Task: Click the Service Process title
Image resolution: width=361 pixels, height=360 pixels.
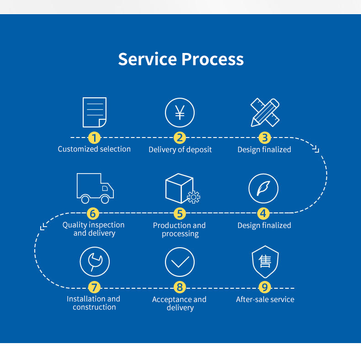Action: [x=181, y=59]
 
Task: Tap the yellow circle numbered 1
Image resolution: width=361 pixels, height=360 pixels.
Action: [x=94, y=138]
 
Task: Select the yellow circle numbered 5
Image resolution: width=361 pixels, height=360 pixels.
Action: [x=180, y=213]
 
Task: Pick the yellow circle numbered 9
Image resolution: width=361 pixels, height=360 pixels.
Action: [x=265, y=287]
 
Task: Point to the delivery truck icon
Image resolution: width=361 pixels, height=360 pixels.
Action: [x=95, y=188]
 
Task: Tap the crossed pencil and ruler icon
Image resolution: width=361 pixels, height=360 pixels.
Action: [x=265, y=112]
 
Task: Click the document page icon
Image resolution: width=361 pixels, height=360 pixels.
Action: [x=95, y=112]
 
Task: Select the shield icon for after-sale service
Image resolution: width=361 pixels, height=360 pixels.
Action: [x=265, y=262]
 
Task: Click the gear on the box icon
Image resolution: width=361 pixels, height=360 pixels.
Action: [x=194, y=197]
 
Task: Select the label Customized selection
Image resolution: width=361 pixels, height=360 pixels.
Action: [x=94, y=149]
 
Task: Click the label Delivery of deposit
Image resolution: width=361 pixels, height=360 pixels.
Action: [x=180, y=149]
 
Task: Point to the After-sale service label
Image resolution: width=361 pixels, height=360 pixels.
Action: [x=265, y=299]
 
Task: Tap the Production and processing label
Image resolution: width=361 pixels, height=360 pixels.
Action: [x=179, y=229]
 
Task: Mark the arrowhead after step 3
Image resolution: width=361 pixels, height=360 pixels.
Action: [x=316, y=148]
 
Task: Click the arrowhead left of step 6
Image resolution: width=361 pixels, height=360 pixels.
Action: [x=43, y=227]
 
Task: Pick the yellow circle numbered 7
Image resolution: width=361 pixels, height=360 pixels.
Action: [x=94, y=287]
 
